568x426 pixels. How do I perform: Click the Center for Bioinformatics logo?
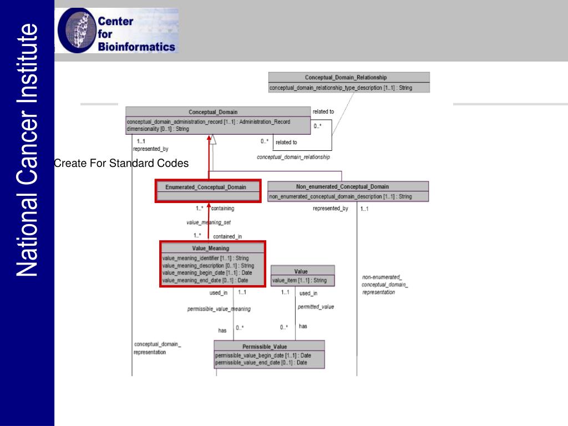coord(118,31)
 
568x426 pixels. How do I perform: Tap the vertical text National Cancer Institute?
coord(26,150)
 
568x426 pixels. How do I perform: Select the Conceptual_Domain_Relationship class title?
coord(346,78)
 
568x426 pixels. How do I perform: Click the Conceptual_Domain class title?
coord(213,112)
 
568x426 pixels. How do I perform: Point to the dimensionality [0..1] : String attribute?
coord(158,129)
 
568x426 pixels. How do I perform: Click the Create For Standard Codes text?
coord(121,164)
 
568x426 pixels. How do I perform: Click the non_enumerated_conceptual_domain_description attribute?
coord(340,196)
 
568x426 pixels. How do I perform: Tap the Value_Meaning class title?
coord(211,248)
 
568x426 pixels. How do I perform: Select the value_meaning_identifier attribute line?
coord(205,258)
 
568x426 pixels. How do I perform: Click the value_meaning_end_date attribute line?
coord(205,280)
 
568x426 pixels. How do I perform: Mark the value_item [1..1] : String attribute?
coord(299,281)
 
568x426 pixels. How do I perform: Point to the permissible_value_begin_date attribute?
coord(261,356)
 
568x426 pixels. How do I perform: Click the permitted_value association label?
coord(316,307)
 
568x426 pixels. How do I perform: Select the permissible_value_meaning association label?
coord(219,309)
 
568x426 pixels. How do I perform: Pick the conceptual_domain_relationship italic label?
coord(293,157)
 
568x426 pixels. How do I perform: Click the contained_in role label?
coord(227,236)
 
